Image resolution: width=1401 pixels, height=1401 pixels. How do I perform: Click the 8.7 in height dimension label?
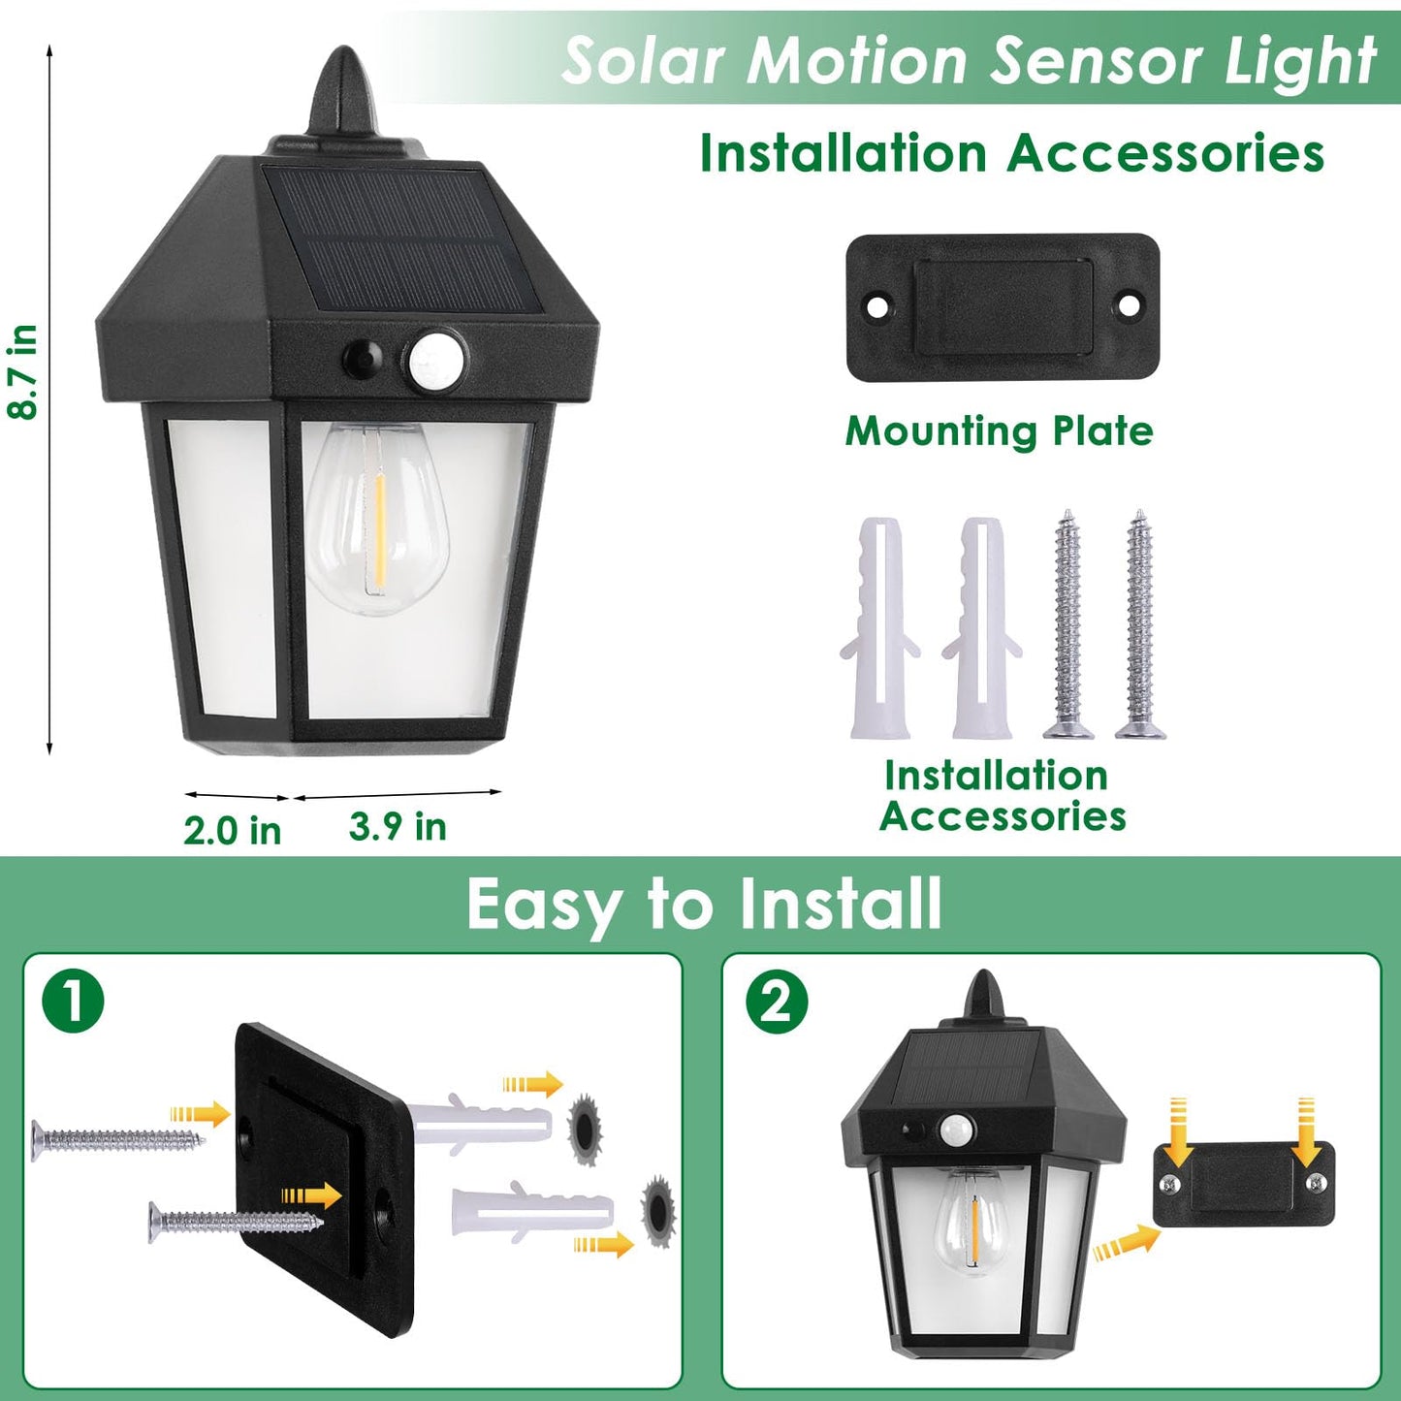pyautogui.click(x=22, y=372)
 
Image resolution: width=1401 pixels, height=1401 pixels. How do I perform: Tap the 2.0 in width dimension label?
pyautogui.click(x=233, y=831)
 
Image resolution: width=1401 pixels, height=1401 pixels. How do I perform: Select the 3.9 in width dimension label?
pyautogui.click(x=398, y=827)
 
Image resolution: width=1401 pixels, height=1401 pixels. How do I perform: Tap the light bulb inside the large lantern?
pyautogui.click(x=376, y=519)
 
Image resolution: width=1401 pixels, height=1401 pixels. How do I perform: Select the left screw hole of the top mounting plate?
pyautogui.click(x=876, y=307)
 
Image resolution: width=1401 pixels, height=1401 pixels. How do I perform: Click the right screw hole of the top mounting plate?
pyautogui.click(x=1129, y=305)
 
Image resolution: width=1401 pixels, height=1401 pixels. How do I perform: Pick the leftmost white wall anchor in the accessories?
pyautogui.click(x=879, y=628)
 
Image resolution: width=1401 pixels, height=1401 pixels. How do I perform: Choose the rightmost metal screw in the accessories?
pyautogui.click(x=1140, y=625)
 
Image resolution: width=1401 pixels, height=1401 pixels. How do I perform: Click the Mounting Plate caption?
pyautogui.click(x=999, y=431)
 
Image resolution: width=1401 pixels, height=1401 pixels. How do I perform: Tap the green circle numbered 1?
pyautogui.click(x=73, y=1002)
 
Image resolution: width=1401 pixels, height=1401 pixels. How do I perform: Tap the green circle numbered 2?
pyautogui.click(x=776, y=1002)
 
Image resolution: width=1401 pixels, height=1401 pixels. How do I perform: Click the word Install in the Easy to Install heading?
pyautogui.click(x=840, y=904)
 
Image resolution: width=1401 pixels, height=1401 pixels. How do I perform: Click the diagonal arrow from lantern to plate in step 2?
pyautogui.click(x=1126, y=1243)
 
